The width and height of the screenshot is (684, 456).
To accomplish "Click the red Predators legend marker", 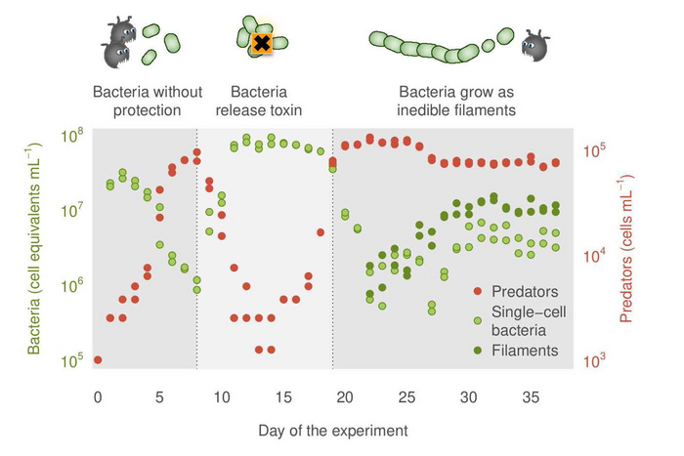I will (x=477, y=291).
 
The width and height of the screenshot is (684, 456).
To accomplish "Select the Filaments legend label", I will (x=525, y=350).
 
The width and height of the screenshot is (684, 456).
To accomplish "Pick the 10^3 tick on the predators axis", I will (x=597, y=361).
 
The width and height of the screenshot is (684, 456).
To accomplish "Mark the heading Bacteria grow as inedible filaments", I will (x=455, y=102).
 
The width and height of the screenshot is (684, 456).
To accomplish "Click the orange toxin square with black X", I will (x=261, y=42).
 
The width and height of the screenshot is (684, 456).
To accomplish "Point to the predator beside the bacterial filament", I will (x=535, y=44).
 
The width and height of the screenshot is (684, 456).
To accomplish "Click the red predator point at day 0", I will (x=98, y=360).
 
